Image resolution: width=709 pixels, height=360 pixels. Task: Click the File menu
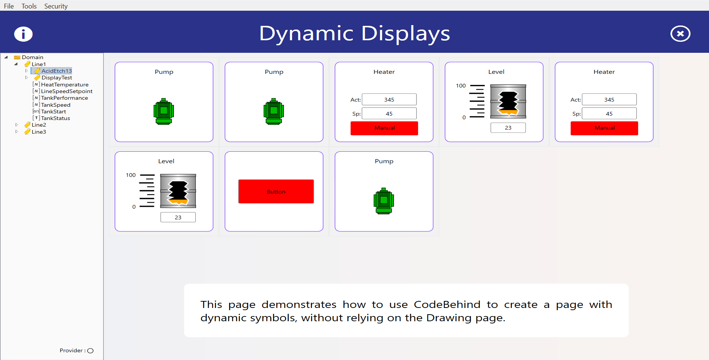coord(9,6)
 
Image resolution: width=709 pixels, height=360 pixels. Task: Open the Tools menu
coord(29,6)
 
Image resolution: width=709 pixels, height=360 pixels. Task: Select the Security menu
coord(56,6)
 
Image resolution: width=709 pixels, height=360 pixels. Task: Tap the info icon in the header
coord(23,34)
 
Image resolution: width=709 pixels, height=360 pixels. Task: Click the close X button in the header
coord(680,34)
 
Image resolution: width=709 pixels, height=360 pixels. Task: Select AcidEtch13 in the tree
coord(56,71)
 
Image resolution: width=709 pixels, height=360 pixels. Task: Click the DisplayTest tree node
coord(56,78)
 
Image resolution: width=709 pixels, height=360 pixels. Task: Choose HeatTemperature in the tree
coord(65,85)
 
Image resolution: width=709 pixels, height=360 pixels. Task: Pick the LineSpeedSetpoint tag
coord(66,91)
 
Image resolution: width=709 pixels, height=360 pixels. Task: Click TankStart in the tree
coord(53,112)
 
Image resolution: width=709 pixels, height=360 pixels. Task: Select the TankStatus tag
coord(55,118)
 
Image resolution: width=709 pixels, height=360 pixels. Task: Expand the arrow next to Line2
coord(17,125)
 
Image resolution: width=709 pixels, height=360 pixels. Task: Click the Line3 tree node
coord(39,132)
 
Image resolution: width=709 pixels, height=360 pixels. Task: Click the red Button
coord(276,191)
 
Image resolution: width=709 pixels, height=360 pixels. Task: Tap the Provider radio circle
coord(90,351)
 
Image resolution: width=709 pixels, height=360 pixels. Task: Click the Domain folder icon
coord(17,57)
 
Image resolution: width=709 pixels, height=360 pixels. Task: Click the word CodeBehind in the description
coord(447,305)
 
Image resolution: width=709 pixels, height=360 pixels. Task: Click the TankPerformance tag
coord(64,98)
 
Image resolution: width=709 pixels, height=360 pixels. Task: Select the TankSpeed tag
coord(55,105)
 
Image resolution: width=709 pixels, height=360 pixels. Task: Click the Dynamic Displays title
coord(354,34)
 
